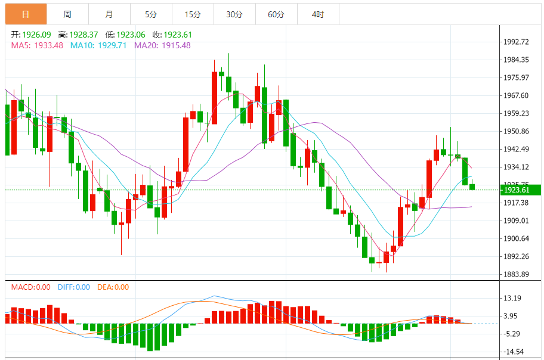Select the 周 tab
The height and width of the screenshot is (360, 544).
point(67,14)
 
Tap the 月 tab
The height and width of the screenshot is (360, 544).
point(109,14)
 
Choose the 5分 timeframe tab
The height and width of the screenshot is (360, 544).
point(150,14)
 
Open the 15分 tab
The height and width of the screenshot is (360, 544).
point(193,14)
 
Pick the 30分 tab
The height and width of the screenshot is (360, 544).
point(234,14)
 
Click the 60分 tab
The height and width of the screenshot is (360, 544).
point(276,14)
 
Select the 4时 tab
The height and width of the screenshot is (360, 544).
point(318,14)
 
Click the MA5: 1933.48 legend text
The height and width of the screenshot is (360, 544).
point(37,45)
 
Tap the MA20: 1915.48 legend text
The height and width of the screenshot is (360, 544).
point(162,45)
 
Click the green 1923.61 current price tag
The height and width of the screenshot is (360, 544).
point(520,190)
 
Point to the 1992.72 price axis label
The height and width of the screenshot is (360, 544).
point(517,42)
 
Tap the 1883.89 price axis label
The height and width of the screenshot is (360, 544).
point(517,274)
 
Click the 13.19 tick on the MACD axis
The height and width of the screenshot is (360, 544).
point(513,298)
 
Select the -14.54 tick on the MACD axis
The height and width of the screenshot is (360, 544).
point(513,352)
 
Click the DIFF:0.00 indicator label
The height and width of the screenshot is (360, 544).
point(74,287)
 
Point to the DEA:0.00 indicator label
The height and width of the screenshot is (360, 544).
point(113,287)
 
